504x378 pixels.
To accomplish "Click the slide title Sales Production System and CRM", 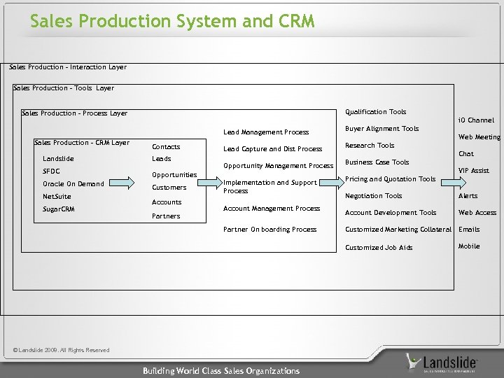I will point(172,22).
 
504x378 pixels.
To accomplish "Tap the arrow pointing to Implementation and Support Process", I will point(203,183).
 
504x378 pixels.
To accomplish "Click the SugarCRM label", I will point(59,209).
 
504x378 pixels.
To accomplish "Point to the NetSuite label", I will point(57,197).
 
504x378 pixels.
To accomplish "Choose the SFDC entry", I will point(51,171).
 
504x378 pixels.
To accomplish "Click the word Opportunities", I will point(174,174).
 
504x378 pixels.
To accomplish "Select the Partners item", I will point(166,216).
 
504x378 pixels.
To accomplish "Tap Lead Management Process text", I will point(265,132).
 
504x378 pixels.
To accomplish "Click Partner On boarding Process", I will point(269,230).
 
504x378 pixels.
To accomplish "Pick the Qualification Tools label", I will point(376,111).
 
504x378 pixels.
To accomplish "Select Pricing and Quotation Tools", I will point(391,179).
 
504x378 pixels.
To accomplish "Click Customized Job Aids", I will point(379,248).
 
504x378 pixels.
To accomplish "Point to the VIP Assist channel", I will point(473,171).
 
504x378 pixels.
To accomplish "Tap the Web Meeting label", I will point(479,137).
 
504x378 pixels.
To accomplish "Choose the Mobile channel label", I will point(469,246).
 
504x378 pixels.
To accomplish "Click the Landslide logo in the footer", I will point(442,363).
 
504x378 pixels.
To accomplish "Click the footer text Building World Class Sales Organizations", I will point(221,371).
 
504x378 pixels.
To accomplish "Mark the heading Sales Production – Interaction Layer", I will point(68,67).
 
